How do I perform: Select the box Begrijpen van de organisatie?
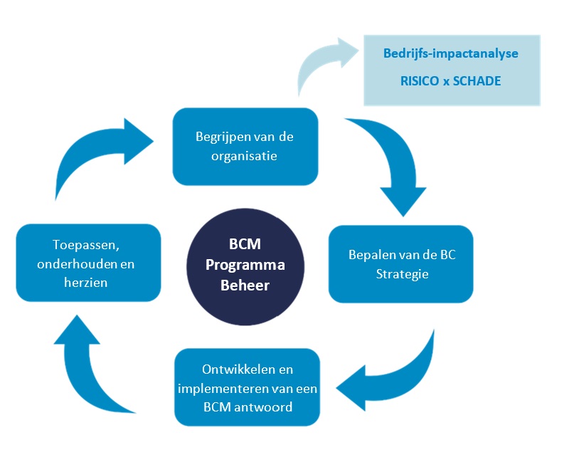click(245, 146)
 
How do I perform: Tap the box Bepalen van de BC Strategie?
click(400, 264)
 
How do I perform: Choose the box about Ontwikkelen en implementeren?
click(247, 388)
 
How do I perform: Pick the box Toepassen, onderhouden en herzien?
click(88, 263)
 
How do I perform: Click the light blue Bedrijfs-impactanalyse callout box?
click(452, 70)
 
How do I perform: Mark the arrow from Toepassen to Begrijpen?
click(100, 157)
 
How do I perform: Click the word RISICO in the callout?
click(421, 81)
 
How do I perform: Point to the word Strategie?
click(401, 273)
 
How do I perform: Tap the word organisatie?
click(245, 155)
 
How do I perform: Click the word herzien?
click(88, 281)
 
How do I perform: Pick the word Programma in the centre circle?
click(245, 265)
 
